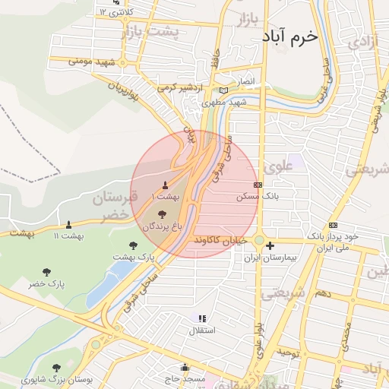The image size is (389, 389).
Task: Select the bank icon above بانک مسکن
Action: click(258, 185)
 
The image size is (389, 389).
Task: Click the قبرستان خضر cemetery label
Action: click(115, 206)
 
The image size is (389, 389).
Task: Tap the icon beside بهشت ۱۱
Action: click(69, 225)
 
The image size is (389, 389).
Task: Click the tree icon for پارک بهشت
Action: click(134, 245)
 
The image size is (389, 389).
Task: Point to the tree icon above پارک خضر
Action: click(47, 271)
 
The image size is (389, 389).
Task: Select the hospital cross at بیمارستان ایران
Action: click(270, 245)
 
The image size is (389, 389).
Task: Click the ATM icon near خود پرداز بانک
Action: click(333, 226)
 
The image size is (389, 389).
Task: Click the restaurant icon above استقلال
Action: click(202, 319)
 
